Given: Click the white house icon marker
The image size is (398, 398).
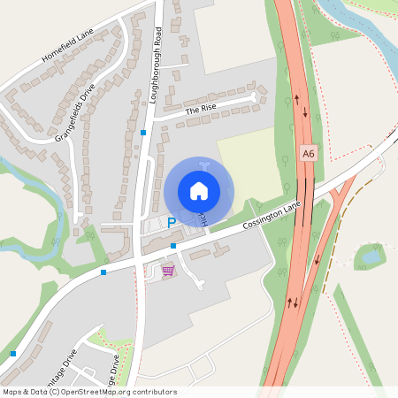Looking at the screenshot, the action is tap(199, 190).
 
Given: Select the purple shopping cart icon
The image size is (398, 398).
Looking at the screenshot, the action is tap(168, 271).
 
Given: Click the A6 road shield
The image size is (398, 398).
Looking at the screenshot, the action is tap(307, 153).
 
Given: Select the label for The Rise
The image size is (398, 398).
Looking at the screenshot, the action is tap(201, 110).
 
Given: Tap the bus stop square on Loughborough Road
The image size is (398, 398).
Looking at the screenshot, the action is tap(143, 133).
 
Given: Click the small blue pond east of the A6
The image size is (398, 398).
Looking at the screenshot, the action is tap(367, 258).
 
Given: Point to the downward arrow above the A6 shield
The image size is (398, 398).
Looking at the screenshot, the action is tap(306, 113).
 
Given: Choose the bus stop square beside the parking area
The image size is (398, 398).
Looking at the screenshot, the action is tap(173, 245).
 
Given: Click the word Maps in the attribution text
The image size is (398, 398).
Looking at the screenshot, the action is tap(12, 391).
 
